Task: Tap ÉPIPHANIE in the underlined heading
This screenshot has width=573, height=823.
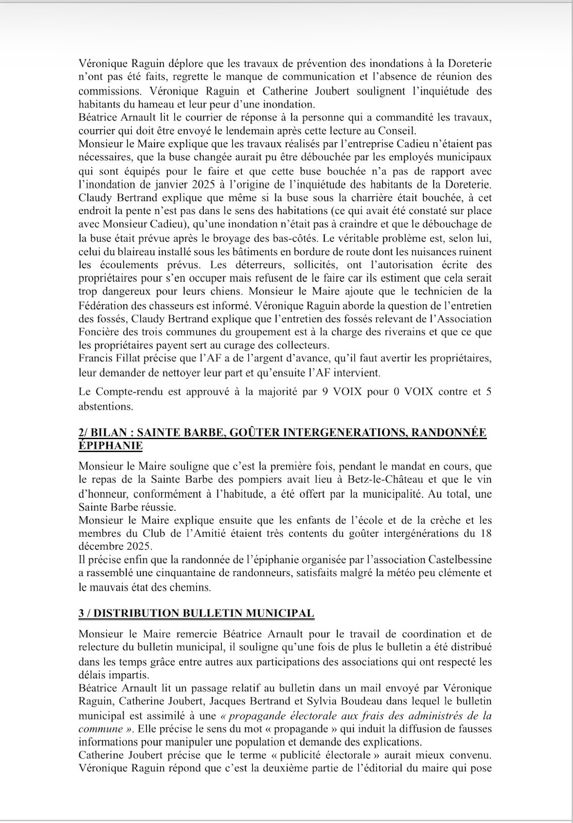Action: (110, 446)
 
